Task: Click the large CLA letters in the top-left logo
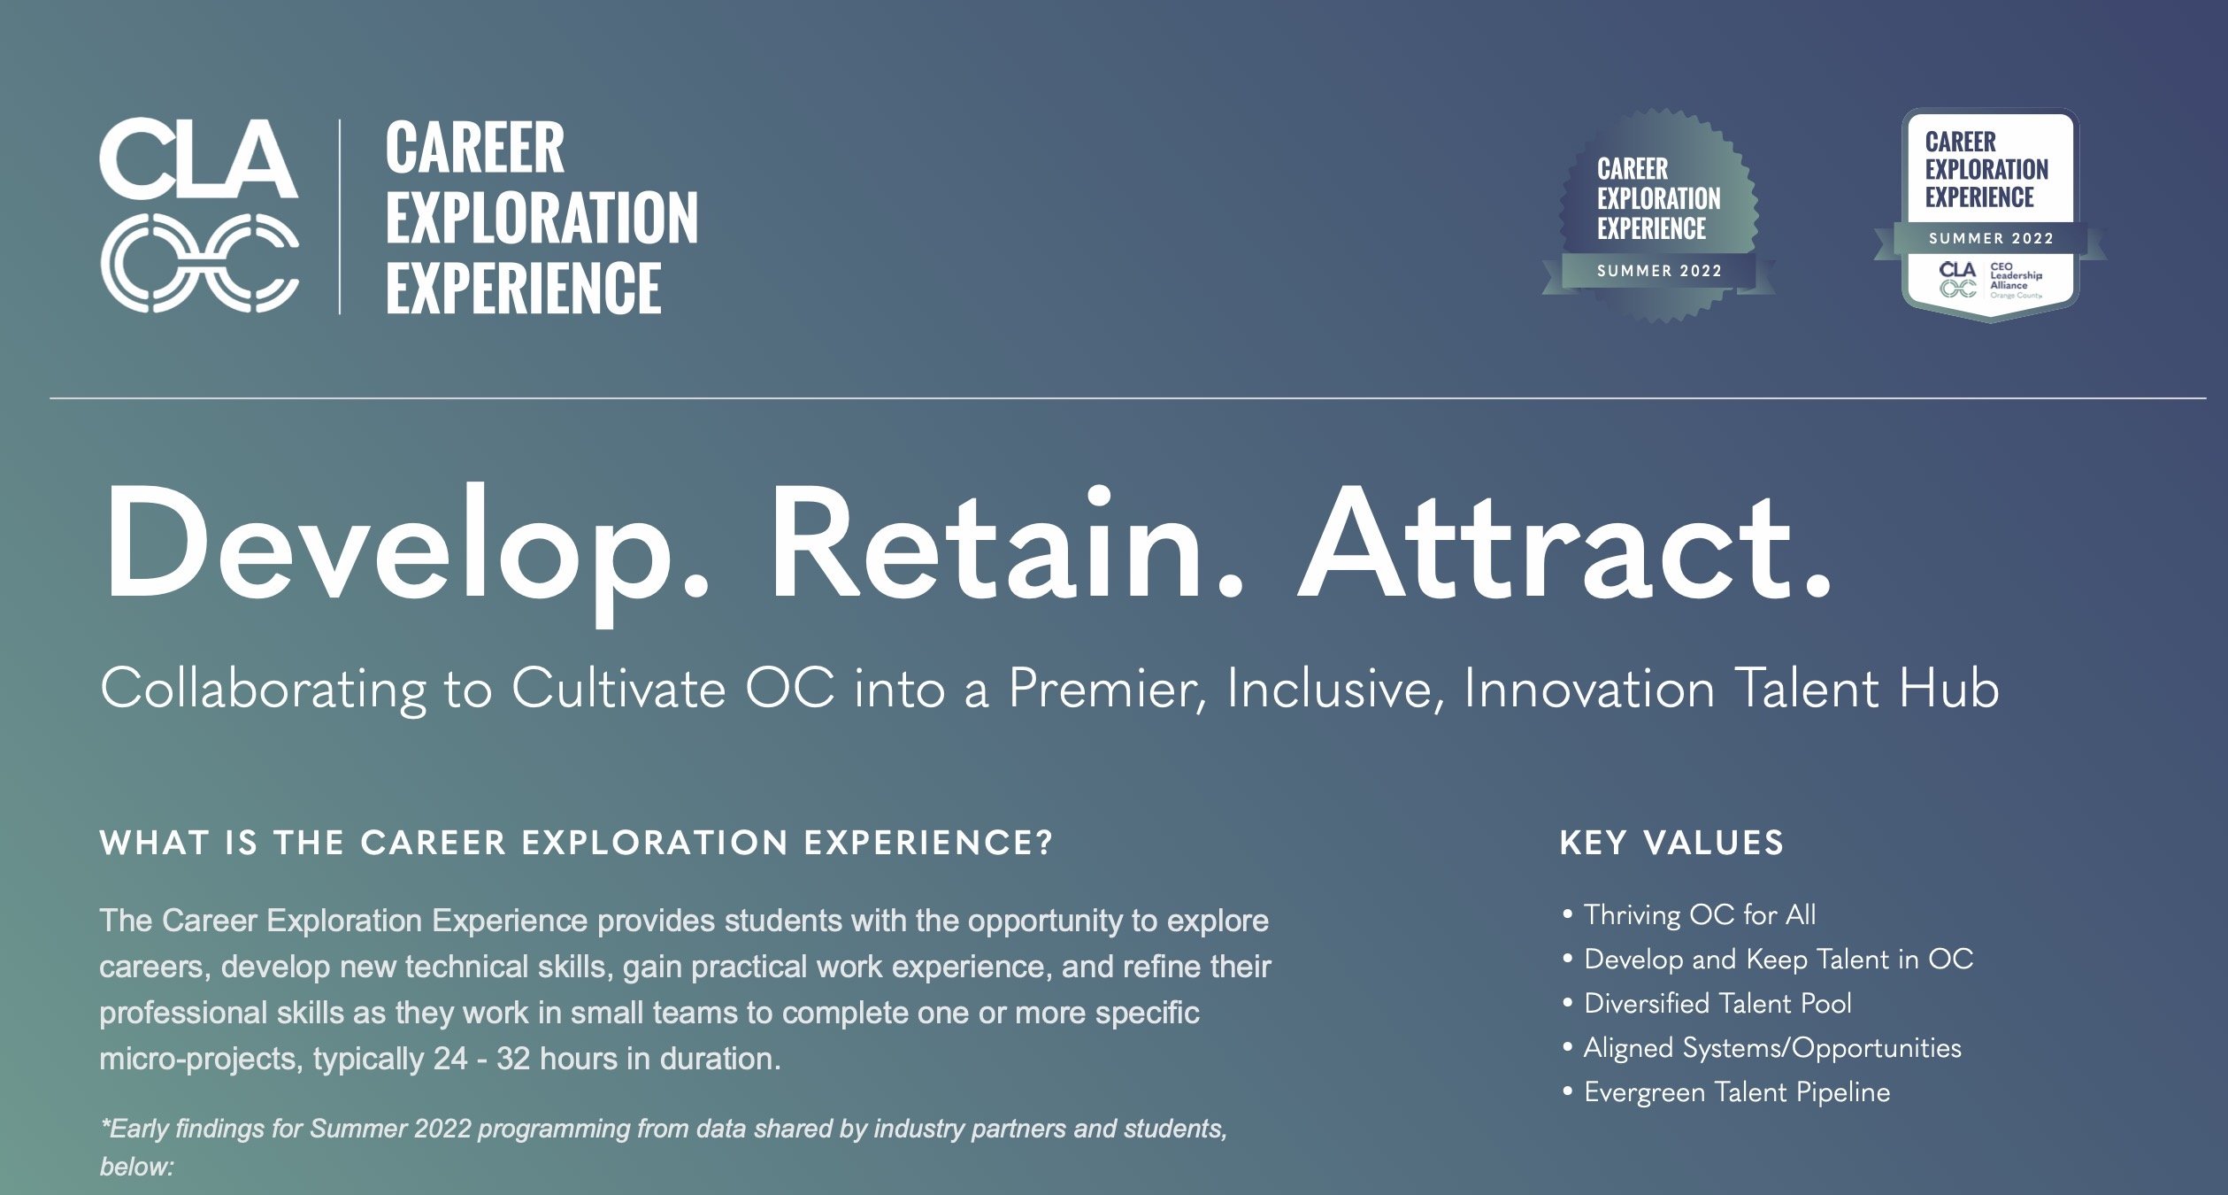198,159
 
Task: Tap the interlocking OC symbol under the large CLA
199,263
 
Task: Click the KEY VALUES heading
1671,843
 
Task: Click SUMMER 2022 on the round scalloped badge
1659,271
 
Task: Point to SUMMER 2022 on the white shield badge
1991,238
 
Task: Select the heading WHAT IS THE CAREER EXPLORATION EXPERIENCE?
576,843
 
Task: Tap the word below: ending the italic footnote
136,1167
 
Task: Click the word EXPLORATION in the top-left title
542,218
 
